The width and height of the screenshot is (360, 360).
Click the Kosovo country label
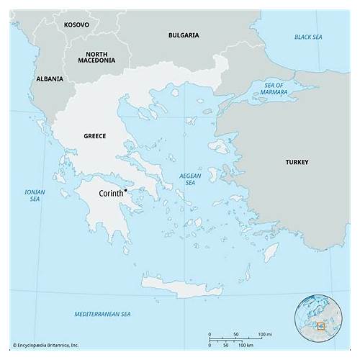pyautogui.click(x=76, y=24)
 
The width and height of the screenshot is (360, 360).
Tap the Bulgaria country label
pyautogui.click(x=184, y=35)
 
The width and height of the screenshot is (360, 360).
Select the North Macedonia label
pyautogui.click(x=102, y=58)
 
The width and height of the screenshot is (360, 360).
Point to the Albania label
pyautogui.click(x=49, y=78)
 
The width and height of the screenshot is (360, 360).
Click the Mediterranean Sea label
pyautogui.click(x=103, y=315)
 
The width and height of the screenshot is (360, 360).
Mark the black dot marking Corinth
pyautogui.click(x=125, y=190)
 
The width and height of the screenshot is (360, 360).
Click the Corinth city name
pyautogui.click(x=111, y=194)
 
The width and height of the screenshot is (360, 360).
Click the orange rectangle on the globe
pyautogui.click(x=321, y=326)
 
